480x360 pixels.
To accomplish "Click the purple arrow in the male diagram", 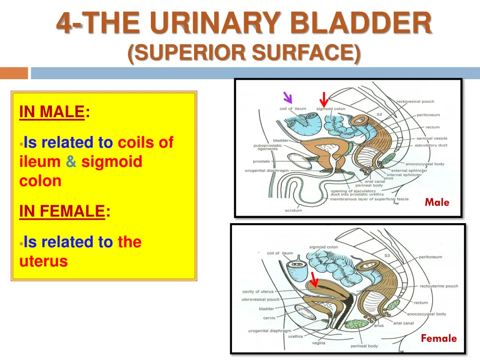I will coord(287,97).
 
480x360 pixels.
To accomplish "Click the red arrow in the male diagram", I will coord(323,99).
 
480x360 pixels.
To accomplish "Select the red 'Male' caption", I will coord(437,202).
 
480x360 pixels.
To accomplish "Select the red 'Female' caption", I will coord(438,338).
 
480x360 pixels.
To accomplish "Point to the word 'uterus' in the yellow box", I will coord(44,261).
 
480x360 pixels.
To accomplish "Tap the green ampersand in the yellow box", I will coord(71,162).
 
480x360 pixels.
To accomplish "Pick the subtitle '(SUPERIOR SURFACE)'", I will coord(244,52).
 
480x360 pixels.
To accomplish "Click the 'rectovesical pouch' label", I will coord(415,101).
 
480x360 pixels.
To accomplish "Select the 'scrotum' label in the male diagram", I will coord(293,210).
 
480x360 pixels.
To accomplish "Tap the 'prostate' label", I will coord(262,161).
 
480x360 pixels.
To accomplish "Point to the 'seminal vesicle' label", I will coord(431,138).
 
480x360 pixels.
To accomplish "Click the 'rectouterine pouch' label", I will coord(439,286).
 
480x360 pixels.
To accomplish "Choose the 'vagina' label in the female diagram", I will coord(319,343).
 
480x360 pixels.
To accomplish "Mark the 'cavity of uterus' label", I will coord(258,292).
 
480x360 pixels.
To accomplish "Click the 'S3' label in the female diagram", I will coord(387,255).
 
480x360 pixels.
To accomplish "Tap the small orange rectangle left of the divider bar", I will coord(14,73).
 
